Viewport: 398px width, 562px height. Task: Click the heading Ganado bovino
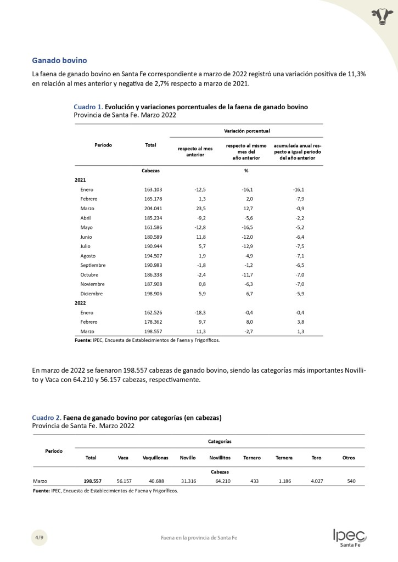(x=59, y=60)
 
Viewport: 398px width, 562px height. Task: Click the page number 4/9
(x=38, y=537)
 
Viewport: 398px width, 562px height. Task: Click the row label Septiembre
(x=93, y=265)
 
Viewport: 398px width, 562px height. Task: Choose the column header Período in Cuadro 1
(x=103, y=145)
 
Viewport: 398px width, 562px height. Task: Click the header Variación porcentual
(x=246, y=131)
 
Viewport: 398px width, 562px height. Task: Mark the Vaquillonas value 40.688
(x=152, y=481)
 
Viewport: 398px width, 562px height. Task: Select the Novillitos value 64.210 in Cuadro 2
(x=220, y=481)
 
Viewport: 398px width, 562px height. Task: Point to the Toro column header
(x=316, y=458)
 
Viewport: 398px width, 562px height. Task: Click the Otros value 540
(x=351, y=481)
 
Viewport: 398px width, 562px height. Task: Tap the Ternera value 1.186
(x=284, y=481)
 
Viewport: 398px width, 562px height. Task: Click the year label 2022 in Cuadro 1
(x=81, y=302)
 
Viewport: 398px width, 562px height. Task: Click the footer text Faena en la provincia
(x=195, y=538)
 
